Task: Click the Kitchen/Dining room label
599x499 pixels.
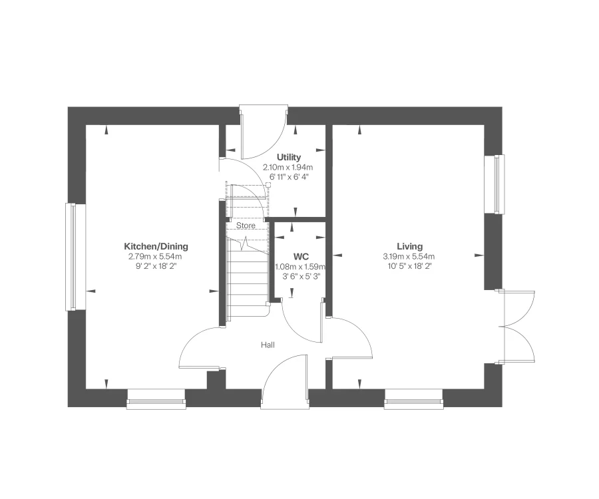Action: [x=156, y=246]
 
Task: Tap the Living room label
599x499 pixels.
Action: [x=408, y=246]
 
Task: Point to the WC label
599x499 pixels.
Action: [x=301, y=256]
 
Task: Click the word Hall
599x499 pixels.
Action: [x=268, y=345]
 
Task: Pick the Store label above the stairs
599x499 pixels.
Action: [x=246, y=226]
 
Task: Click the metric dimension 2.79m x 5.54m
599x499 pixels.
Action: [x=155, y=256]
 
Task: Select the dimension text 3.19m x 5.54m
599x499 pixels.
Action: [x=408, y=256]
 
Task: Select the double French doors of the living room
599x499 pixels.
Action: [x=519, y=326]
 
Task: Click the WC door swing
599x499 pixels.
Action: [x=303, y=323]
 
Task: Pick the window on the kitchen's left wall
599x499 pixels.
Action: [x=70, y=257]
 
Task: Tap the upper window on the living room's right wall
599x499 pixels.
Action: [x=499, y=184]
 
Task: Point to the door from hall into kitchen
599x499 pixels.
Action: [x=200, y=349]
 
